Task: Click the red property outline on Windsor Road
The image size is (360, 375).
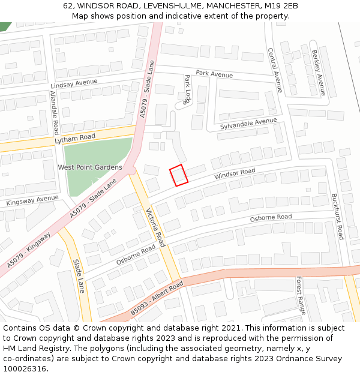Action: pyautogui.click(x=179, y=175)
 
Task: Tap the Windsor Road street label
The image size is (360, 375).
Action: pyautogui.click(x=235, y=175)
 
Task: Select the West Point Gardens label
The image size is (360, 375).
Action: pyautogui.click(x=90, y=167)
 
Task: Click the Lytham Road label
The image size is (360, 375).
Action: pyautogui.click(x=75, y=138)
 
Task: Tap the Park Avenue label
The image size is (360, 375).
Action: pyautogui.click(x=214, y=74)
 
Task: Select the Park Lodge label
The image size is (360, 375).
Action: pyautogui.click(x=187, y=89)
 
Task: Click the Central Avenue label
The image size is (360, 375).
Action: pyautogui.click(x=274, y=70)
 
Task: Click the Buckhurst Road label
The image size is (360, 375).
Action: pyautogui.click(x=337, y=216)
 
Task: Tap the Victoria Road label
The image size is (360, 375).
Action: pyautogui.click(x=155, y=227)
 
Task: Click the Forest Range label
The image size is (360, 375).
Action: pyautogui.click(x=301, y=295)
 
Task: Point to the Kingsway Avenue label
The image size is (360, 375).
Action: pyautogui.click(x=32, y=200)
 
